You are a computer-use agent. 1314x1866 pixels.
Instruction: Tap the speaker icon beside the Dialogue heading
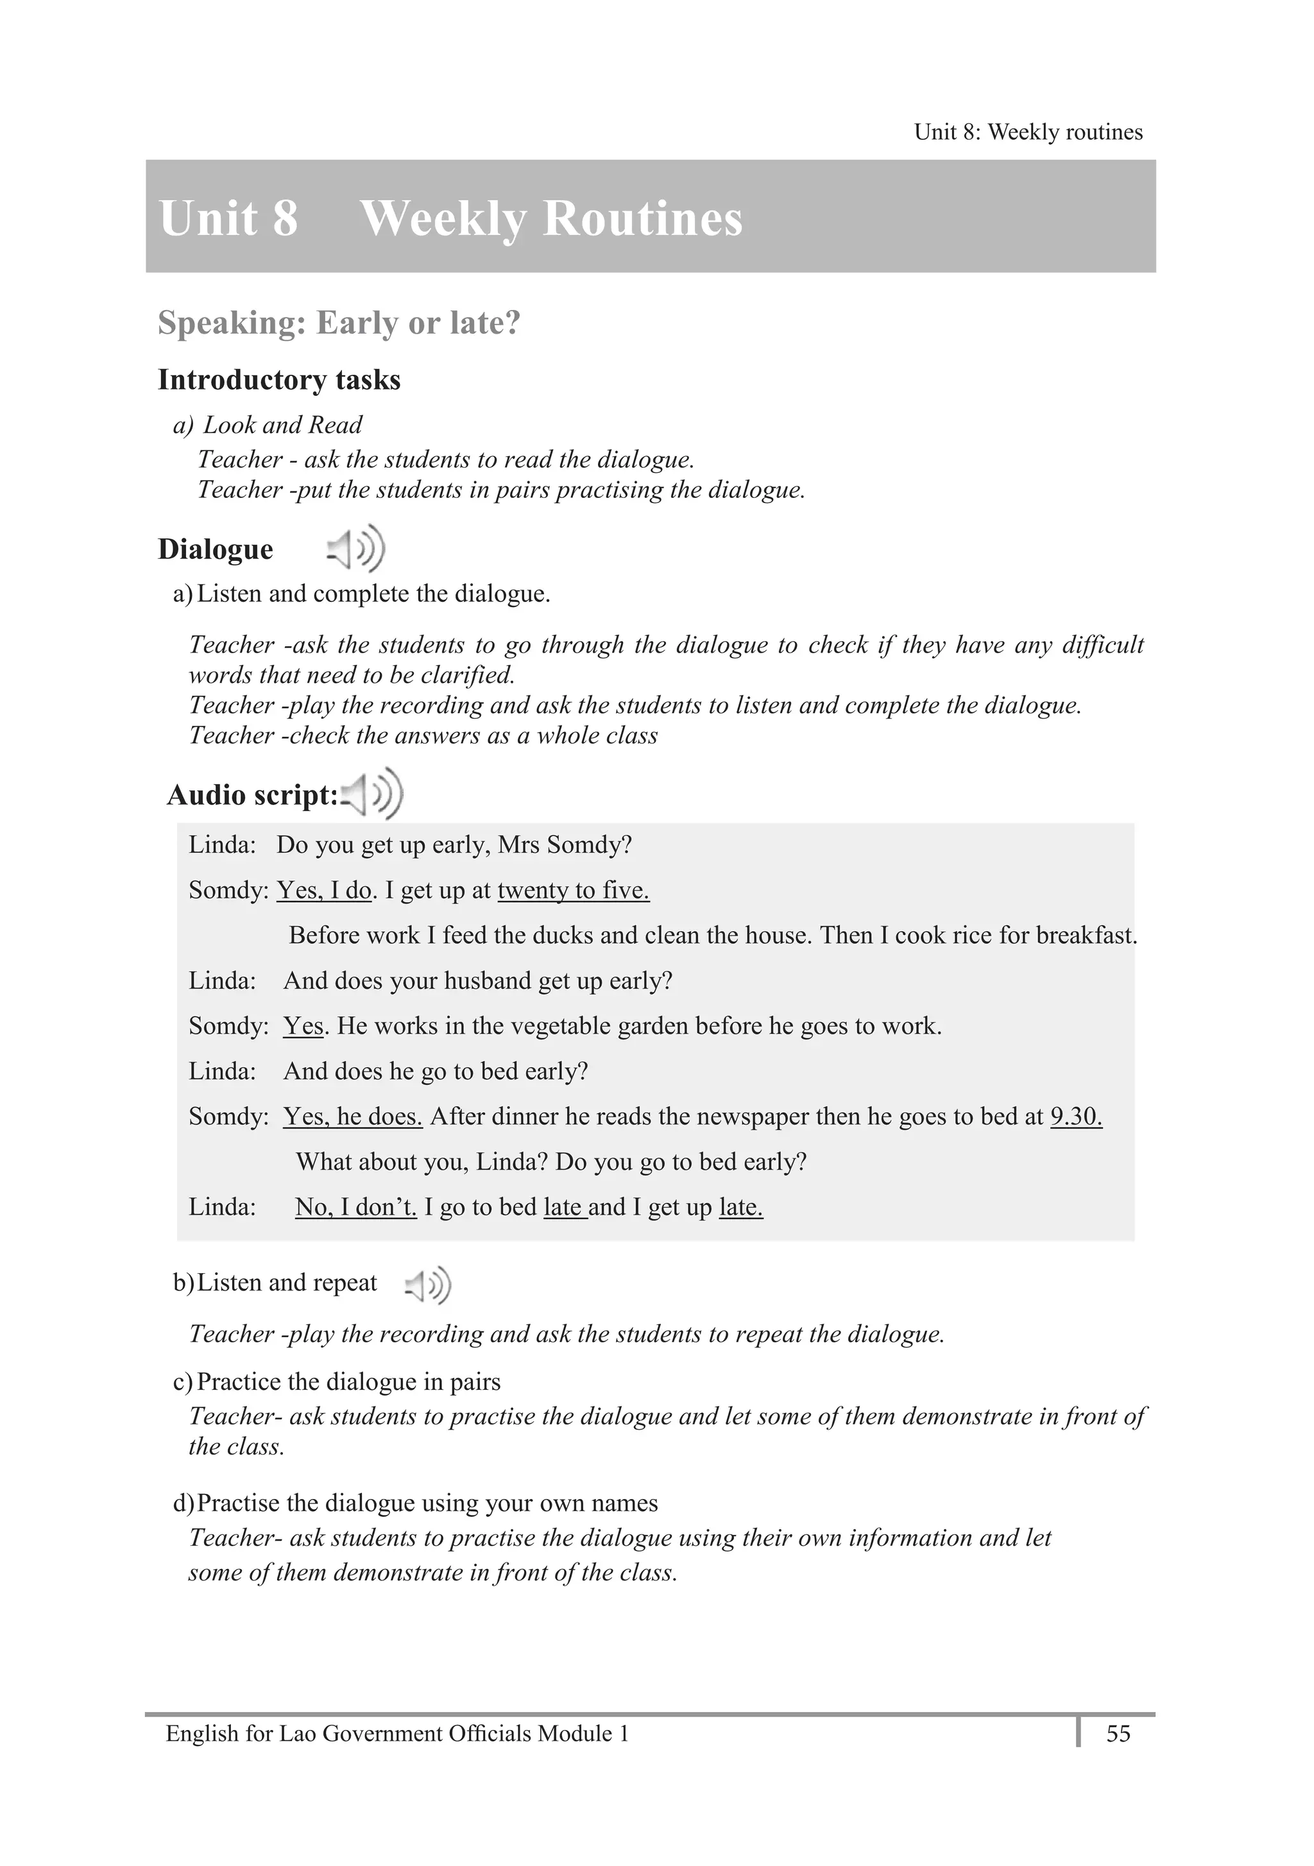coord(356,549)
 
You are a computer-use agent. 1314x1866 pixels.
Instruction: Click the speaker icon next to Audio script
coord(373,793)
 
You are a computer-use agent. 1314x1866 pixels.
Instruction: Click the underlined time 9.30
coord(1075,1116)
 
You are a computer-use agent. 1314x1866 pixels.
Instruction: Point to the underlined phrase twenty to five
coord(573,890)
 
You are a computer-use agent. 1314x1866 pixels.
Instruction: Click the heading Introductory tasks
coord(278,379)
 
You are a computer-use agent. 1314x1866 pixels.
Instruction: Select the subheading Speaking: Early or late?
coord(338,323)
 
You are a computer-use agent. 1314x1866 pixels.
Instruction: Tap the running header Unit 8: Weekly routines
coord(1027,132)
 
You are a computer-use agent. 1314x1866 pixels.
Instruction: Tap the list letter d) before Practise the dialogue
coord(183,1503)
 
